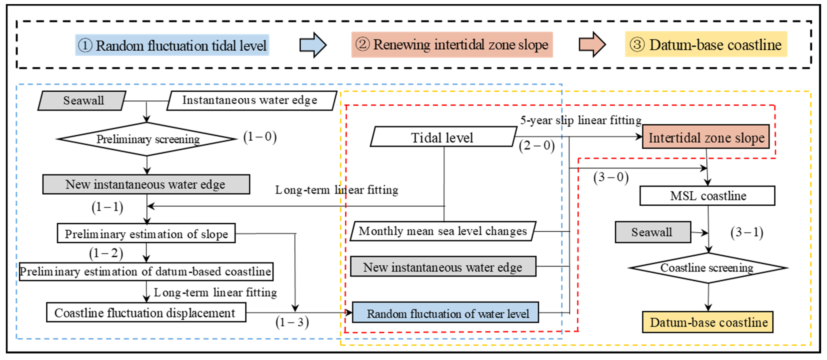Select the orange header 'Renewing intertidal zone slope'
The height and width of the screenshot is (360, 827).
click(x=452, y=45)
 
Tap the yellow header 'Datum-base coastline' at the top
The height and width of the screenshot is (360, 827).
click(x=706, y=45)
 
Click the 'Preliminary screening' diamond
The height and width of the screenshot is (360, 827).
click(x=147, y=139)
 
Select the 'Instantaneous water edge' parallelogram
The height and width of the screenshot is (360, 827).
click(x=251, y=101)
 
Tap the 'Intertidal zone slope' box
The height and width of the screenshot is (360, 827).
click(x=706, y=137)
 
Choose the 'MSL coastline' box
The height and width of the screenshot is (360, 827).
click(x=707, y=196)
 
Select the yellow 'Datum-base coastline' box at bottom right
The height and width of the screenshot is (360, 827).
click(x=708, y=322)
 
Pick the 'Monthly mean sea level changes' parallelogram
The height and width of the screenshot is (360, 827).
click(x=442, y=231)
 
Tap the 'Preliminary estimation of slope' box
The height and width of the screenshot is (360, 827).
click(x=146, y=233)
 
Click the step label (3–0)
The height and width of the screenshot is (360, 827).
click(x=611, y=177)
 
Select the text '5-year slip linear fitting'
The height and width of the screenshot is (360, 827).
click(x=581, y=120)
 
